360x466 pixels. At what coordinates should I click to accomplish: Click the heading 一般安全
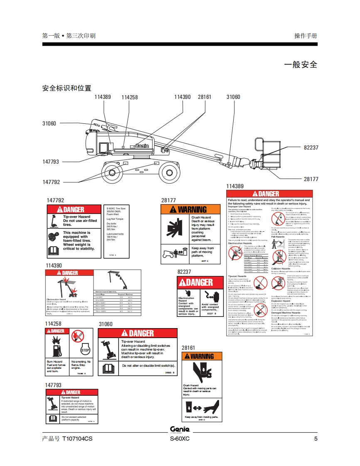300,64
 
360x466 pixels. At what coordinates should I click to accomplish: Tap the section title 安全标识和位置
67,88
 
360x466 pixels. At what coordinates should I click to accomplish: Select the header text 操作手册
305,36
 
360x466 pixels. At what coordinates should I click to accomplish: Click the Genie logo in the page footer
180,429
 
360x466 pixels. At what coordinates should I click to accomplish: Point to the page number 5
316,439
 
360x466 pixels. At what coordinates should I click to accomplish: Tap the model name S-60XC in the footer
180,439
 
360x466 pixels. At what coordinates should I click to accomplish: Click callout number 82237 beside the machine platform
311,148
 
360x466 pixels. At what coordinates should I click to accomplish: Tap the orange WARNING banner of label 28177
190,209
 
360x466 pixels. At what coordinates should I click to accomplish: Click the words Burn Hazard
54,362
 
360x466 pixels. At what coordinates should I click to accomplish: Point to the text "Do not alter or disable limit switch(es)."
148,365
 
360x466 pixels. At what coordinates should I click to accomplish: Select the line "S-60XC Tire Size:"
116,208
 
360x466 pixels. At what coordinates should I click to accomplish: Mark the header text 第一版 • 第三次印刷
69,36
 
